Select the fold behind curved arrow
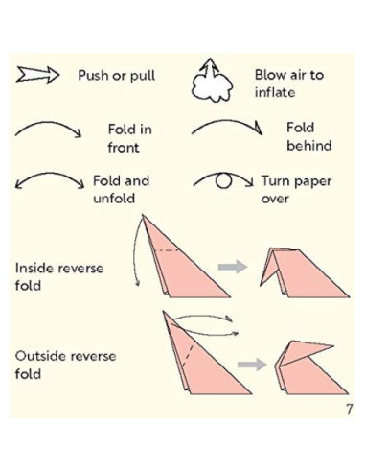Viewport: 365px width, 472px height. point(226,130)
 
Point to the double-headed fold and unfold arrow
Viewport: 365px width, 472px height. point(49,185)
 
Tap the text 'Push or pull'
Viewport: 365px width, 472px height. point(116,75)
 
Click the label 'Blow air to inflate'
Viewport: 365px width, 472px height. point(288,83)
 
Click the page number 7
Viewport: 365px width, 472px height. point(348,411)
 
